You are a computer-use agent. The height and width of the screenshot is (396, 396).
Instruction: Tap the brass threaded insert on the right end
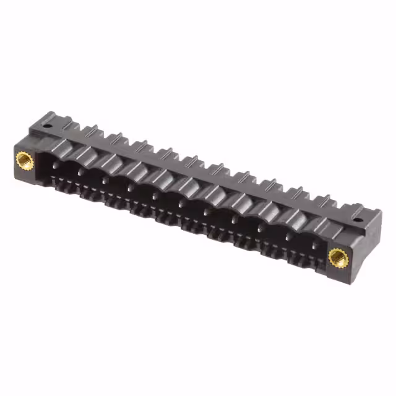[337, 254]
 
